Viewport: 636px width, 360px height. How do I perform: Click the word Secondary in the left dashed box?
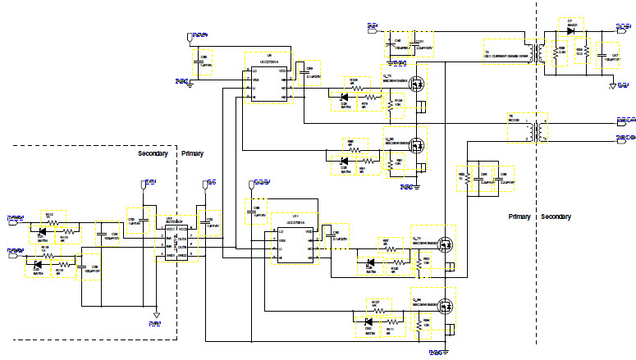point(153,153)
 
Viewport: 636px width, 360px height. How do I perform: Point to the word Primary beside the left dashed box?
point(191,153)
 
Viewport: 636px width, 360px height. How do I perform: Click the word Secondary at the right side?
point(556,216)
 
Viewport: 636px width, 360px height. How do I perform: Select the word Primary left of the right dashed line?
point(519,216)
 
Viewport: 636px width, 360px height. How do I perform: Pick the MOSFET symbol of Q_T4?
point(446,244)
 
